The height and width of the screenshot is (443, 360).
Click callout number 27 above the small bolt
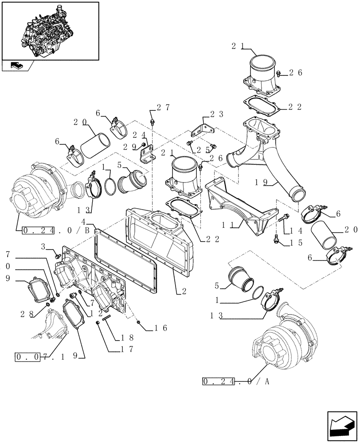coord(162,108)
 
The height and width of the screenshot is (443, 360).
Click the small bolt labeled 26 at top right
coord(278,74)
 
